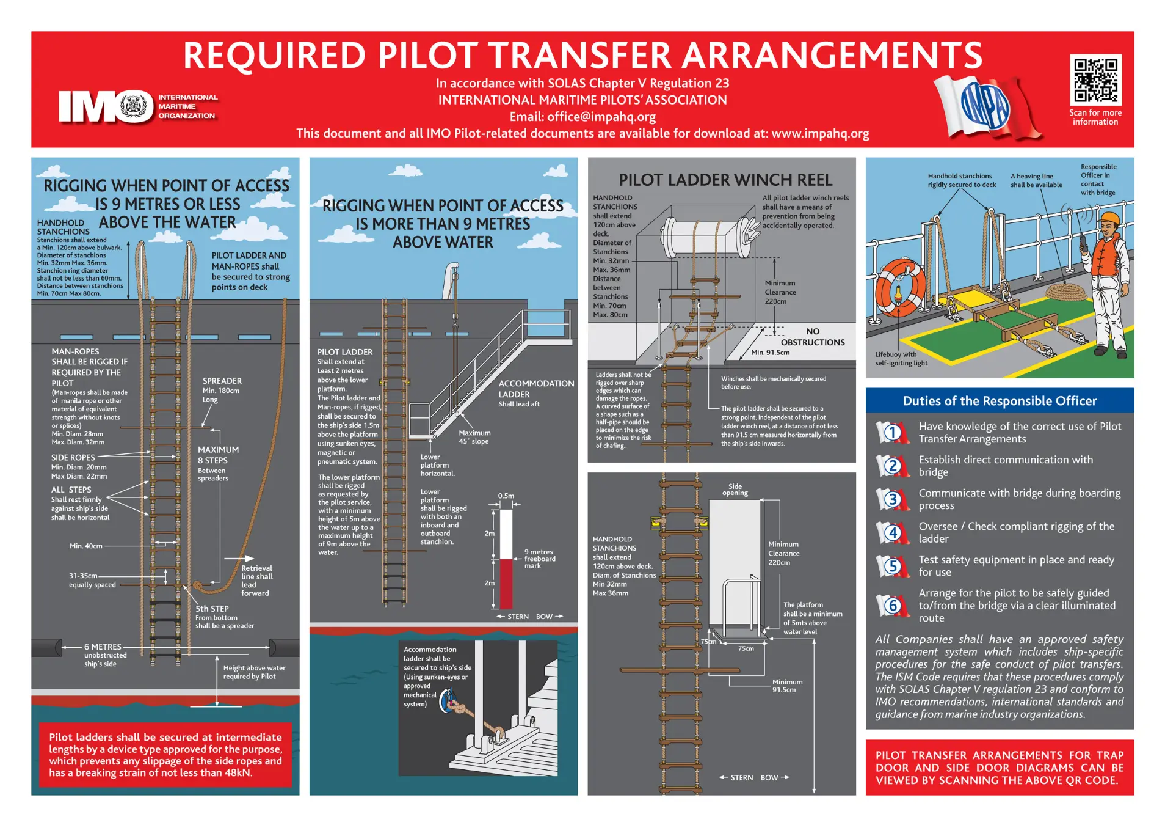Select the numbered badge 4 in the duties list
892,533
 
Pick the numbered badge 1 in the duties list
892,433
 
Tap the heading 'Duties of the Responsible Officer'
999,401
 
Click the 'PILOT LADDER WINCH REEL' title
725,180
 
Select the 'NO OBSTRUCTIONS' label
812,337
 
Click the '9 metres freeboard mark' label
539,559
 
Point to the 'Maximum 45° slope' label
474,437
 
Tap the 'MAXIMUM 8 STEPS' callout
218,455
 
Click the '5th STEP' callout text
212,609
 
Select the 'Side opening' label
735,490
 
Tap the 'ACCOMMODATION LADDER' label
535,389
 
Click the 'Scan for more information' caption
1095,117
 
